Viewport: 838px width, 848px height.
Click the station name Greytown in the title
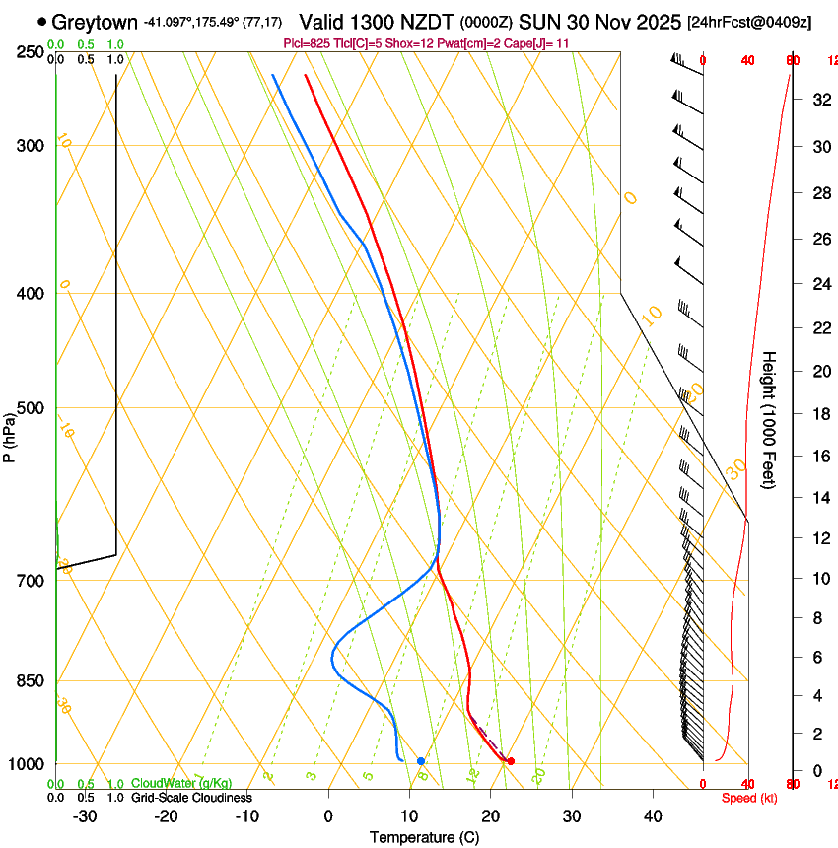[95, 22]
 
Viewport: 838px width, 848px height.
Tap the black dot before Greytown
[41, 22]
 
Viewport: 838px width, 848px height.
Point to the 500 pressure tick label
[31, 408]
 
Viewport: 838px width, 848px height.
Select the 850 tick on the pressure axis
[31, 681]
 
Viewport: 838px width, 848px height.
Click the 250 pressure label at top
[31, 52]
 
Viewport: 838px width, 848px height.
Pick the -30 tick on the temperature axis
[85, 816]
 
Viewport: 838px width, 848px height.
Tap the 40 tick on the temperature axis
[653, 816]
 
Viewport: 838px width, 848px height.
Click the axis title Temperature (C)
[425, 837]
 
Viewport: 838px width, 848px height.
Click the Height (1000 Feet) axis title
[770, 419]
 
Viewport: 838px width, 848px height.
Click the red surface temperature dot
[510, 761]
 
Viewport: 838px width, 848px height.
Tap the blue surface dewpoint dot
[421, 761]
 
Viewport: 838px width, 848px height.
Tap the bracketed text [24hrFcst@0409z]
[749, 22]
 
